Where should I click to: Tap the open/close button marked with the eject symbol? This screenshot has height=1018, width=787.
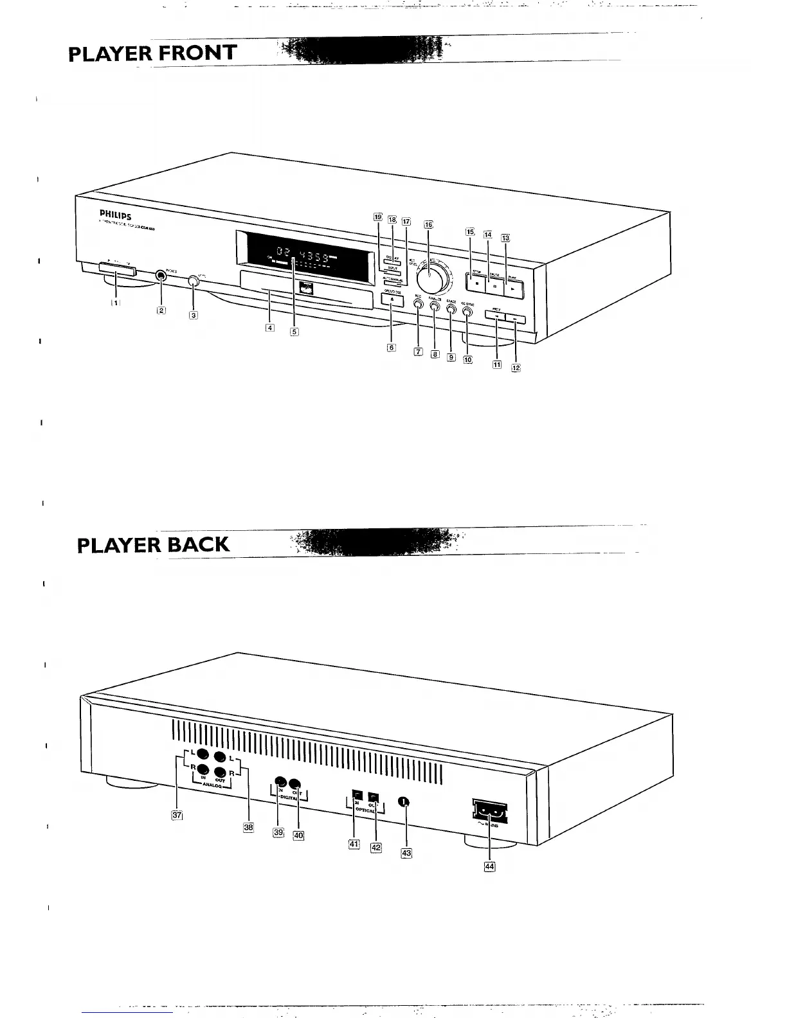(392, 300)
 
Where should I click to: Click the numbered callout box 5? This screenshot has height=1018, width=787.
(294, 332)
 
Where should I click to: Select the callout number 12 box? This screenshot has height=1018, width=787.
(516, 368)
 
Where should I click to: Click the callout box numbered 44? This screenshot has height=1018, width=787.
(490, 866)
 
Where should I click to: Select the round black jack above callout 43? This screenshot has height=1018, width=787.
(403, 801)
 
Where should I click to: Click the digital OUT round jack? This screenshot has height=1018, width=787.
(295, 783)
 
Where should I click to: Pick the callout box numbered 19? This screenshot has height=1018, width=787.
(378, 217)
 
